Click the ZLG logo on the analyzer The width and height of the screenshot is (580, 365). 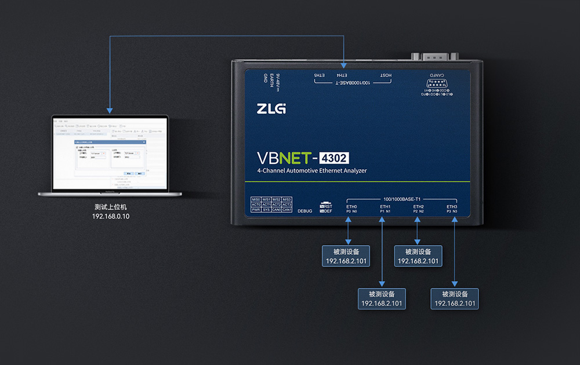point(271,108)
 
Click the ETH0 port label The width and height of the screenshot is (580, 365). point(351,207)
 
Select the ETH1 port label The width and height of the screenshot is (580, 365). point(385,207)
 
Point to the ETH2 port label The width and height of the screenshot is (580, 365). point(418,207)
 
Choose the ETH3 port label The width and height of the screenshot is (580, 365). point(452,207)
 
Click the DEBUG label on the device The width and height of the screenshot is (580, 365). point(304,211)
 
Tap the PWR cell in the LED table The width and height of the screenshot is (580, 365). point(256,210)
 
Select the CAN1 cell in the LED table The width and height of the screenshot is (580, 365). point(287,210)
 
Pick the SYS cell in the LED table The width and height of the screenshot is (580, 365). point(266,210)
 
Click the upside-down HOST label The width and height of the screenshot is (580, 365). point(386,75)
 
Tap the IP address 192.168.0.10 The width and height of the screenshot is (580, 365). point(111,216)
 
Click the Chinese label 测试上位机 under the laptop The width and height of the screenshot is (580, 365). point(111,207)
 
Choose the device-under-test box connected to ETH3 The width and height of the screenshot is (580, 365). point(455,298)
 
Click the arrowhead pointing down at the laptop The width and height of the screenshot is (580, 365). point(109,110)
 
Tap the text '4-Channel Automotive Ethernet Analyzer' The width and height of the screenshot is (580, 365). point(312,171)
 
